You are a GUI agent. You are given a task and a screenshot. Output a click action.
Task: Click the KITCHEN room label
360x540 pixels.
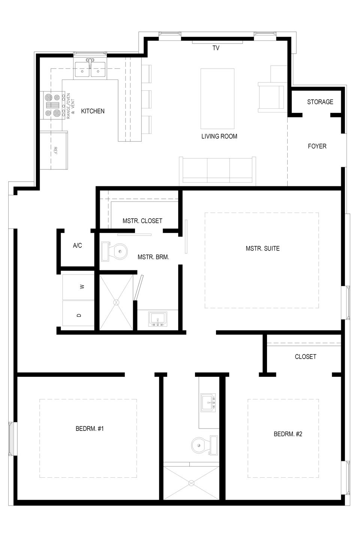pos(93,111)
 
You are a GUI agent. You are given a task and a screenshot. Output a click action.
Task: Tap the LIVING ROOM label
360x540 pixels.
pos(219,136)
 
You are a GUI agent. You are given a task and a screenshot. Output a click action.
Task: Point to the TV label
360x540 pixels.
pos(216,48)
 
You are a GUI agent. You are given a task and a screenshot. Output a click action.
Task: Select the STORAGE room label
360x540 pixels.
pos(320,102)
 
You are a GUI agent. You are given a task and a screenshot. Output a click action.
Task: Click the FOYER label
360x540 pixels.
pos(317,146)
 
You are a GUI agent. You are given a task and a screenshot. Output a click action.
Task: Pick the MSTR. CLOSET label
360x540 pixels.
pos(142,221)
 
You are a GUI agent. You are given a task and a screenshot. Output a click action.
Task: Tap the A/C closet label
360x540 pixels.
pos(77,245)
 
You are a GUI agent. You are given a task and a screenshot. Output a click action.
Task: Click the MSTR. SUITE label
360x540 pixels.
pos(262,249)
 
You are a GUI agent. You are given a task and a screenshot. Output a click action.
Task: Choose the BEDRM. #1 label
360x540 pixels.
pos(90,429)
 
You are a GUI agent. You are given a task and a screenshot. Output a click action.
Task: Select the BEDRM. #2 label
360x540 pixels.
pos(288,434)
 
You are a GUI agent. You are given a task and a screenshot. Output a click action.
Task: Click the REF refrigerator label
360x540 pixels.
pos(55,150)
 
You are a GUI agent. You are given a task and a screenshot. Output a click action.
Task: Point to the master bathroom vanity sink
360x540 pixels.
pos(158,319)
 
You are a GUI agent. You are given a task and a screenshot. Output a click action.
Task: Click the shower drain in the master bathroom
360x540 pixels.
pos(117,302)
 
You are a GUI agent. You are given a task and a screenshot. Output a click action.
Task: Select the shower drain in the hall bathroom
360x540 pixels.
pos(191,483)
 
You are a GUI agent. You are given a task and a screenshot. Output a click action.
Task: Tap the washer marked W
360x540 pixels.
pos(78,287)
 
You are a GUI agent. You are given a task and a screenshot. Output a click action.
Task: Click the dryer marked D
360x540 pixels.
pos(78,313)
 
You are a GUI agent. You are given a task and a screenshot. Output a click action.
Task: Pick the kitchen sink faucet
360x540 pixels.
pos(90,62)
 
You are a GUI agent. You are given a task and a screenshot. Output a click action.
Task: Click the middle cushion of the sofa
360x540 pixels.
pos(218,170)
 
